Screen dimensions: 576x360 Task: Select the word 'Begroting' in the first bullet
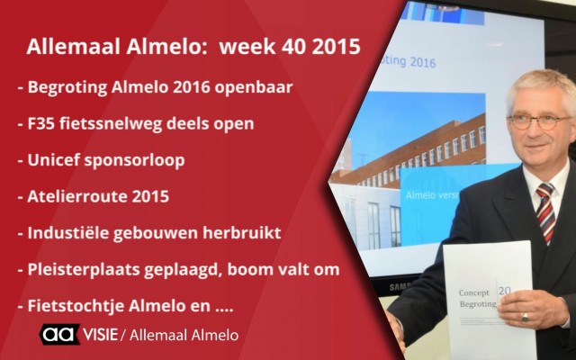tap(67, 88)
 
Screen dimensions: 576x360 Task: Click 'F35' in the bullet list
tap(40, 123)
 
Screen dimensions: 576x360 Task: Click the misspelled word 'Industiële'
tap(67, 233)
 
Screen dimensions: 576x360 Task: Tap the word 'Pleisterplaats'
tap(84, 270)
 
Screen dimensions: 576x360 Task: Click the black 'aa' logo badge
tap(59, 334)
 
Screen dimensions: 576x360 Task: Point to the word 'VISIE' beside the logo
tap(100, 335)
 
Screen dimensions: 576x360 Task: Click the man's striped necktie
tap(546, 211)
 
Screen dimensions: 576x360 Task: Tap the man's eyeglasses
tap(540, 122)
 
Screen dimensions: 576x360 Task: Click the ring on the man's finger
tap(526, 317)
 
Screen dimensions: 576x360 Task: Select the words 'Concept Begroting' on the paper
tap(478, 298)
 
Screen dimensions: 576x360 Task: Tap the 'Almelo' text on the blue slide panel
tap(417, 194)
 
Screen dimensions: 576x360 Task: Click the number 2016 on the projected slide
tap(423, 62)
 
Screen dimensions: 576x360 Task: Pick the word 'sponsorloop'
tap(134, 161)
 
